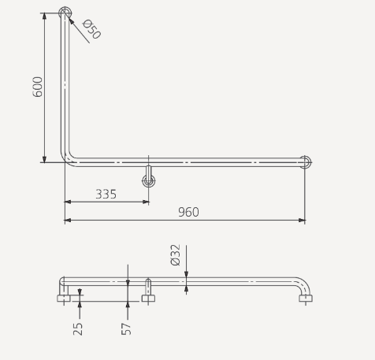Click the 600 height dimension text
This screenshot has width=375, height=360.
click(38, 87)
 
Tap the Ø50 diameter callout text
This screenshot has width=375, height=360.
click(92, 30)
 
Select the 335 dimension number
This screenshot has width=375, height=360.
click(106, 194)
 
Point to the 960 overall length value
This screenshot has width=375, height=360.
click(188, 212)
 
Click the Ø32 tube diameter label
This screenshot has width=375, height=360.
click(175, 254)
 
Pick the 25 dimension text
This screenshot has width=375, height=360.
click(78, 328)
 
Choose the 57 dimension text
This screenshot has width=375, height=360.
click(126, 328)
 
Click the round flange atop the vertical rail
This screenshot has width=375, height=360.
click(65, 13)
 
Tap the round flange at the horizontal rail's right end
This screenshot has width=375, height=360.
click(305, 162)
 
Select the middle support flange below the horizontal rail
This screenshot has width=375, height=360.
click(148, 180)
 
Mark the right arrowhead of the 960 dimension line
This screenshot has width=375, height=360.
click(301, 221)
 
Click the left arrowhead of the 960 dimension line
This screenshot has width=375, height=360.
click(69, 221)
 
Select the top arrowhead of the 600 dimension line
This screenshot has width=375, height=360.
click(44, 17)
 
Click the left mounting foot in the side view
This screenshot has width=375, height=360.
click(64, 298)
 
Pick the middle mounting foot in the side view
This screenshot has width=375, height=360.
click(148, 298)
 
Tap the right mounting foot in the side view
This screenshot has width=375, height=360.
click(306, 298)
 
